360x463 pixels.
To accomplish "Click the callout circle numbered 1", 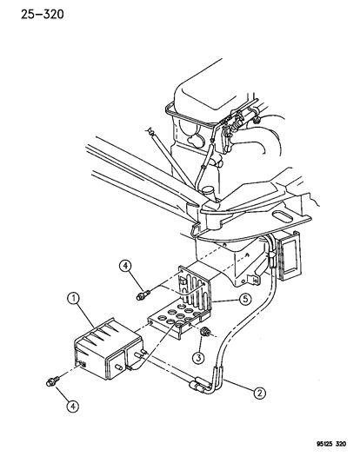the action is [x=73, y=299].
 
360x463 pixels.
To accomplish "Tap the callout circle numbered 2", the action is [x=259, y=393].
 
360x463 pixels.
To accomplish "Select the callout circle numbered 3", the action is [x=198, y=358].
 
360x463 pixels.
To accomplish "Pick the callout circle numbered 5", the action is [x=245, y=299].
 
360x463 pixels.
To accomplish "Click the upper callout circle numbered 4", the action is [x=125, y=266].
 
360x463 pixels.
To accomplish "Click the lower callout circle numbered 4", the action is [x=73, y=407].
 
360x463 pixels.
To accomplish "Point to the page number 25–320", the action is [x=43, y=14].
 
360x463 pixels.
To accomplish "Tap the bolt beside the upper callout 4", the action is [x=143, y=295].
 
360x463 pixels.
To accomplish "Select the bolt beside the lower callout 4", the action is [x=53, y=380].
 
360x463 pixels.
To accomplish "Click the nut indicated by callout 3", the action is [x=205, y=332].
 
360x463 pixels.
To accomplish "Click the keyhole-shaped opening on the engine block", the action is [x=195, y=140].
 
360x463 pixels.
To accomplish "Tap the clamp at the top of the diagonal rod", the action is [x=150, y=131].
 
